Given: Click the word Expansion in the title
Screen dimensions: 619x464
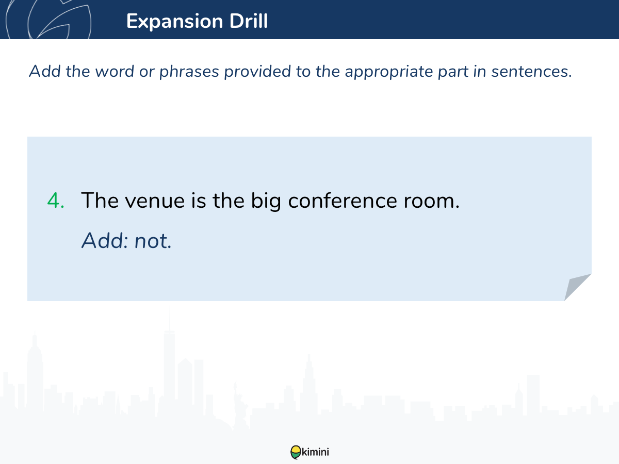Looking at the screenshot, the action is (175, 22).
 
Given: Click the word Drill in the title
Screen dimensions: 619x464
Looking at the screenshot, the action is (249, 21).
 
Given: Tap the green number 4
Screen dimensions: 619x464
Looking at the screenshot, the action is (56, 201).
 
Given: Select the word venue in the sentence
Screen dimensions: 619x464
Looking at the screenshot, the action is (155, 201).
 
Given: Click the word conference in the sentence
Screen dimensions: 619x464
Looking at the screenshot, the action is (343, 201).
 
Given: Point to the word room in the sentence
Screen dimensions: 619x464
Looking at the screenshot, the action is (431, 201).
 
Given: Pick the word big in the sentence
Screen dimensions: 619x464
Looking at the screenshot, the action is (266, 201).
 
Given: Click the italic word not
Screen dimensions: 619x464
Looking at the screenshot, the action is (153, 241).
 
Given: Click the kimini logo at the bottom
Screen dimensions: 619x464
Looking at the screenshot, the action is (309, 452).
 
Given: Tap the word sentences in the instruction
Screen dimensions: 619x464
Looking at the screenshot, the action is (532, 72).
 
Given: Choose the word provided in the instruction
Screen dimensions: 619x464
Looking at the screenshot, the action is (257, 72).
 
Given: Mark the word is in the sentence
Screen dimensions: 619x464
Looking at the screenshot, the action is (198, 201).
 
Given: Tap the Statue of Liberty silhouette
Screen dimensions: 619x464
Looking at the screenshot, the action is (240, 406).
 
